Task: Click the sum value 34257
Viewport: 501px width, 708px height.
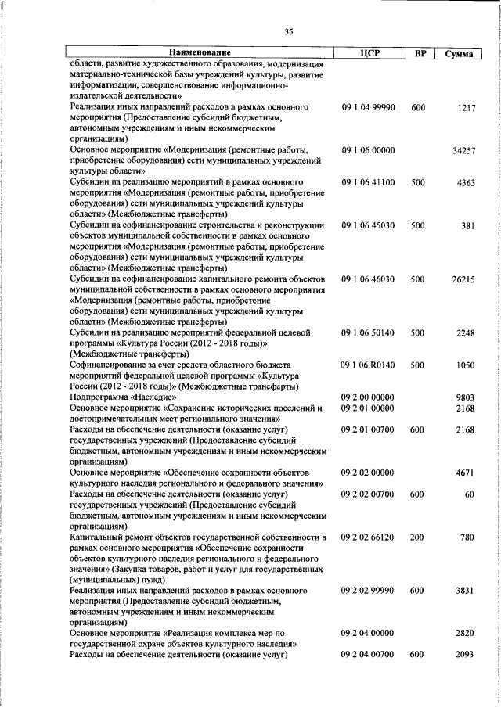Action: point(465,149)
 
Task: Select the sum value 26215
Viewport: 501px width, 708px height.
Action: point(465,279)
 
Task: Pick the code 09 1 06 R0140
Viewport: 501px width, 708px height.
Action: point(368,365)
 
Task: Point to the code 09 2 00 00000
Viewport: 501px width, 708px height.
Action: point(368,397)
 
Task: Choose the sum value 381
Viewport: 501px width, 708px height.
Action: point(470,225)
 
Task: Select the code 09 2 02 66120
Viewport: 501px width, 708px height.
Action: point(368,537)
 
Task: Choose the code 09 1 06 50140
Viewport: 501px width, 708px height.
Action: point(368,332)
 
